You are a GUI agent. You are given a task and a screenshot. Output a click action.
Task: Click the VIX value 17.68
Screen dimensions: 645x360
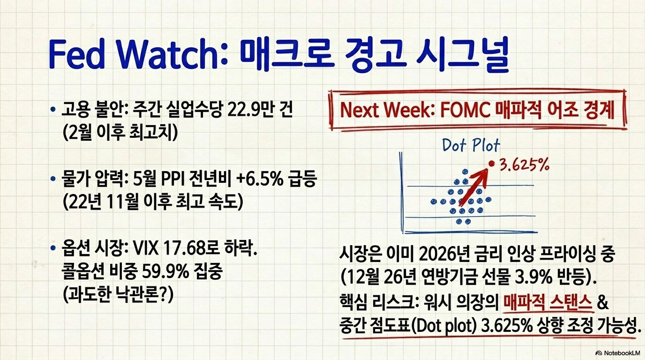coord(184,249)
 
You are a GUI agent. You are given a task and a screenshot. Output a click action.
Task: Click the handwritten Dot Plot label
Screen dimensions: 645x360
coord(471,145)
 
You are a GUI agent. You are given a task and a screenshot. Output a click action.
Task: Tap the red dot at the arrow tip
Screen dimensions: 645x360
coord(492,164)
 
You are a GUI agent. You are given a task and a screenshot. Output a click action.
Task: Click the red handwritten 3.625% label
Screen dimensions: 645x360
coord(524,165)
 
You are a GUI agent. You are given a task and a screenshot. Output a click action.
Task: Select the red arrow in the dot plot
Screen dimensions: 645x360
coord(473,186)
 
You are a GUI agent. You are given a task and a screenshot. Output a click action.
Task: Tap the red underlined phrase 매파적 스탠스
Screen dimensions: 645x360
coord(548,302)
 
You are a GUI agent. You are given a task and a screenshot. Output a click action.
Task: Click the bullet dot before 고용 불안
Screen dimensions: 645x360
coord(52,109)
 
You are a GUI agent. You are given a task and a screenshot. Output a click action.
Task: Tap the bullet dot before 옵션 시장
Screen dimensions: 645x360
coord(52,249)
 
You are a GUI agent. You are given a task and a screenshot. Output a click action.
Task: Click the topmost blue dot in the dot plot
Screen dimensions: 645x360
coord(465,172)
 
